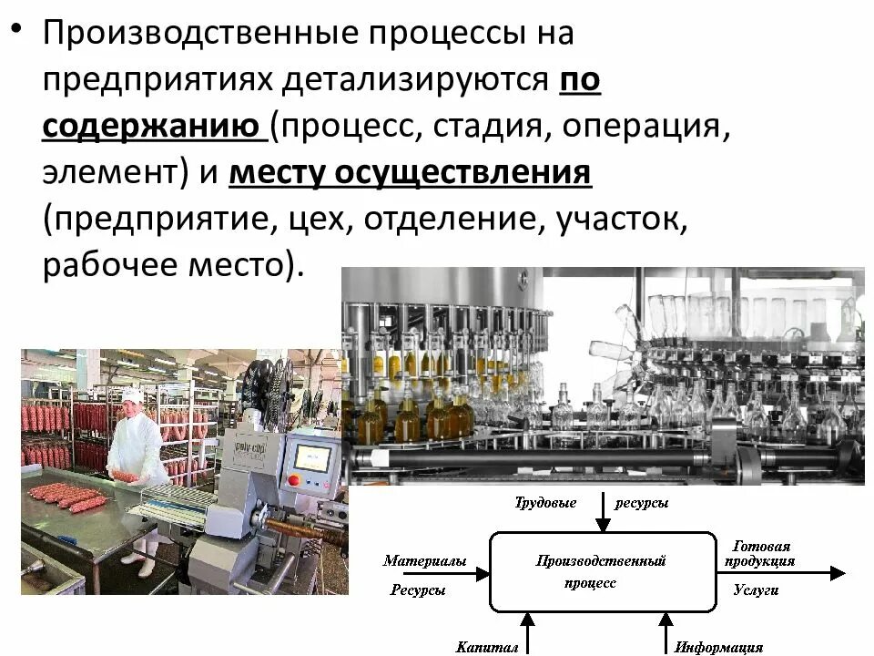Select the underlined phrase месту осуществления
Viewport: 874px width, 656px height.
(x=411, y=172)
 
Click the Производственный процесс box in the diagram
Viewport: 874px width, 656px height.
(x=601, y=571)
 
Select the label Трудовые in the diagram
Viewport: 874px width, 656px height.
(x=545, y=503)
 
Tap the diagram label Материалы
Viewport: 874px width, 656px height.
(x=424, y=561)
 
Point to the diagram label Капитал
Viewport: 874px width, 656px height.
(x=486, y=647)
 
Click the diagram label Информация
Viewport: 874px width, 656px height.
(x=718, y=647)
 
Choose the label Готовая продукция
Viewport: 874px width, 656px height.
(x=760, y=553)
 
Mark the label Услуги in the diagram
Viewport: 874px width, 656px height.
(x=756, y=590)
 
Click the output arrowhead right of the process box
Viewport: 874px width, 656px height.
(x=837, y=572)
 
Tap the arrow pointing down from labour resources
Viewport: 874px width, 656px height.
(x=602, y=514)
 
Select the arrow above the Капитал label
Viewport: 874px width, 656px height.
(x=527, y=628)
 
